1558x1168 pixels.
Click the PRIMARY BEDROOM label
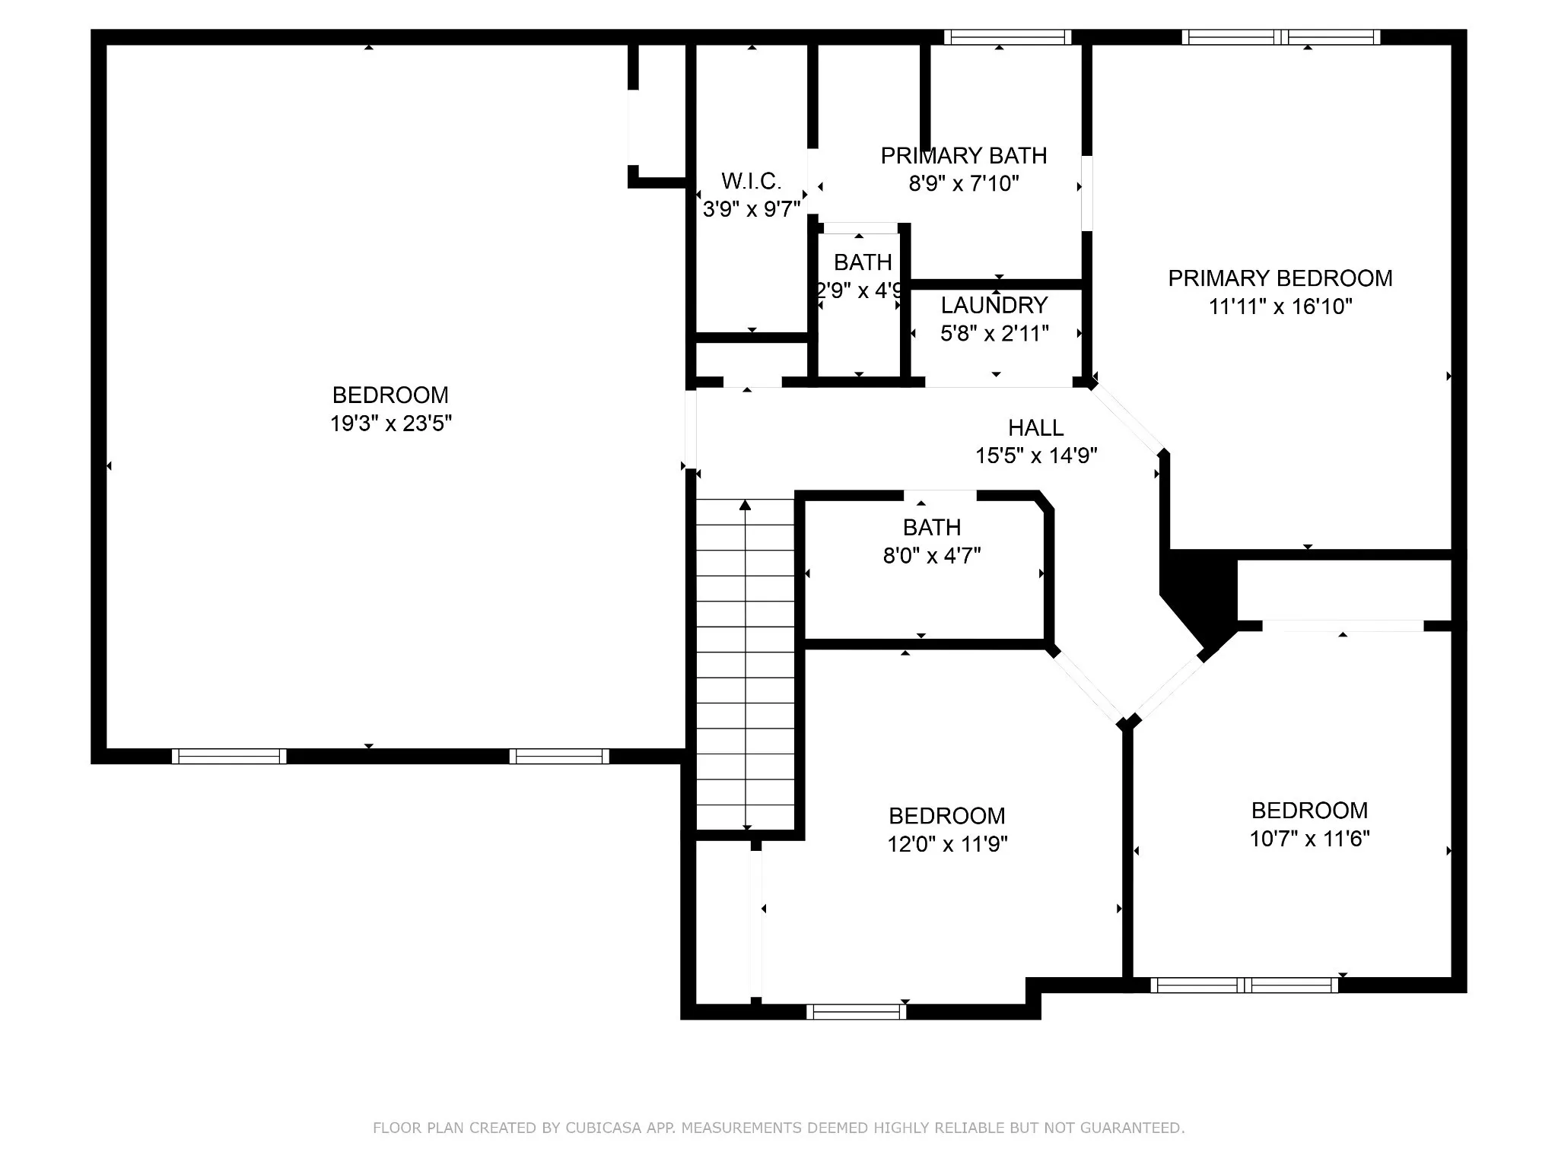pyautogui.click(x=1280, y=278)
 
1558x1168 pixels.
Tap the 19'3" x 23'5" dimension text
pyautogui.click(x=391, y=424)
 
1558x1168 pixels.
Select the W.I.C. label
pyautogui.click(x=751, y=181)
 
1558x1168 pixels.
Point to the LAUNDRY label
pyautogui.click(x=994, y=305)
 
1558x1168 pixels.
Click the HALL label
pyautogui.click(x=1036, y=427)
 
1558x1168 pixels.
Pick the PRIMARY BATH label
pyautogui.click(x=964, y=156)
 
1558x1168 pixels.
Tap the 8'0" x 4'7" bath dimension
pyautogui.click(x=932, y=556)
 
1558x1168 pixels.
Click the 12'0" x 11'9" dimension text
pyautogui.click(x=947, y=844)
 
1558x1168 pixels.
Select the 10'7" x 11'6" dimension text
pyautogui.click(x=1309, y=839)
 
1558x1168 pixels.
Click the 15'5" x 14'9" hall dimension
pyautogui.click(x=1036, y=455)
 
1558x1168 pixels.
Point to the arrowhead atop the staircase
pyautogui.click(x=746, y=505)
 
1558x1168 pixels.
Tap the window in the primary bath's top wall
pyautogui.click(x=1007, y=36)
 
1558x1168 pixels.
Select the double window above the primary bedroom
pyautogui.click(x=1281, y=36)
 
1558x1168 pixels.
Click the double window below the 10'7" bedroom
pyautogui.click(x=1244, y=985)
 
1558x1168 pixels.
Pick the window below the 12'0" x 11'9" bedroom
pyautogui.click(x=857, y=1011)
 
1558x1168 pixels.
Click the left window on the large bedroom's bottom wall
pyautogui.click(x=229, y=756)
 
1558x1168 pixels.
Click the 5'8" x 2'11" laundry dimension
pyautogui.click(x=994, y=333)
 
